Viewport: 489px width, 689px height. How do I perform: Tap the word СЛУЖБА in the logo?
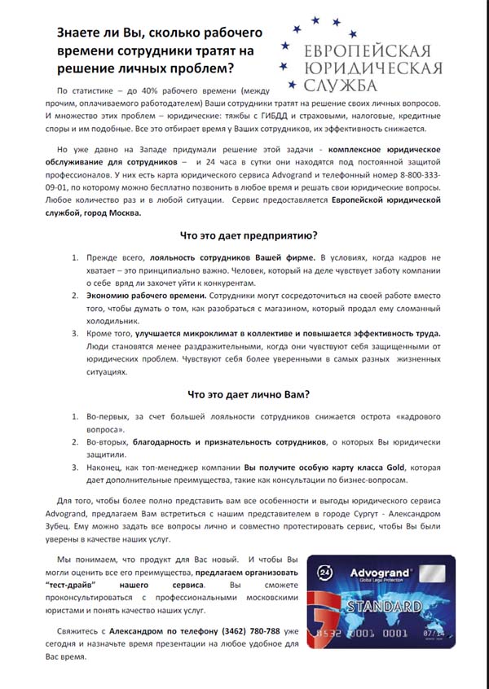[x=338, y=85]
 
